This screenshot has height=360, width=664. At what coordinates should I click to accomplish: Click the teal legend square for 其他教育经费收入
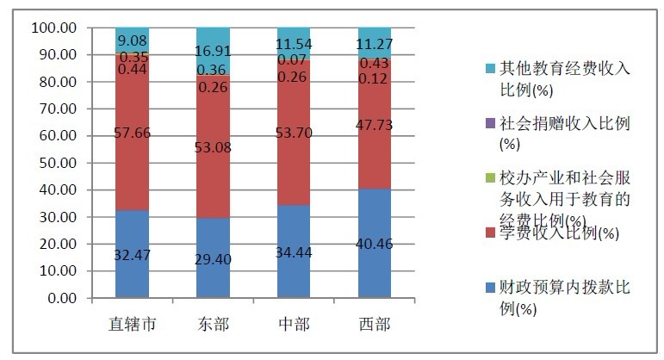[x=490, y=67]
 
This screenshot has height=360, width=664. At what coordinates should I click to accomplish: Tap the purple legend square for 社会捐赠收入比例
[x=490, y=123]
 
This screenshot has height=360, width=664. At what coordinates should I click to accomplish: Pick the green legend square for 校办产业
[x=490, y=179]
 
